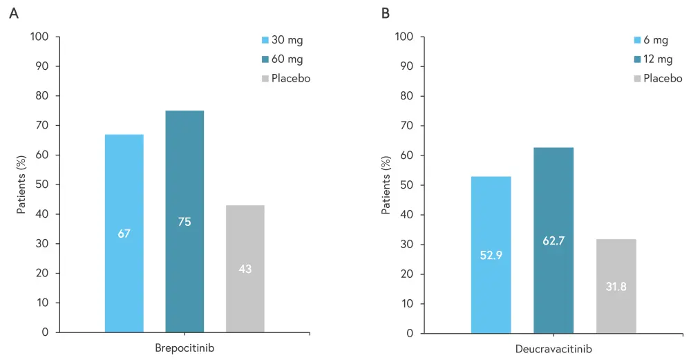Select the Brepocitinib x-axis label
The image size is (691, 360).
click(x=184, y=348)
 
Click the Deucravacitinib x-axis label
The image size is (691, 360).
click(x=553, y=349)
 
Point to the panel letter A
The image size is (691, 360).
click(x=13, y=12)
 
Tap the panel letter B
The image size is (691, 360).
click(x=386, y=12)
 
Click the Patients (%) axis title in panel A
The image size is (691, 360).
click(x=21, y=184)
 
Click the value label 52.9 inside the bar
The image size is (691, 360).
click(x=491, y=255)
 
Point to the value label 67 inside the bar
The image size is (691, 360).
click(x=124, y=234)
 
